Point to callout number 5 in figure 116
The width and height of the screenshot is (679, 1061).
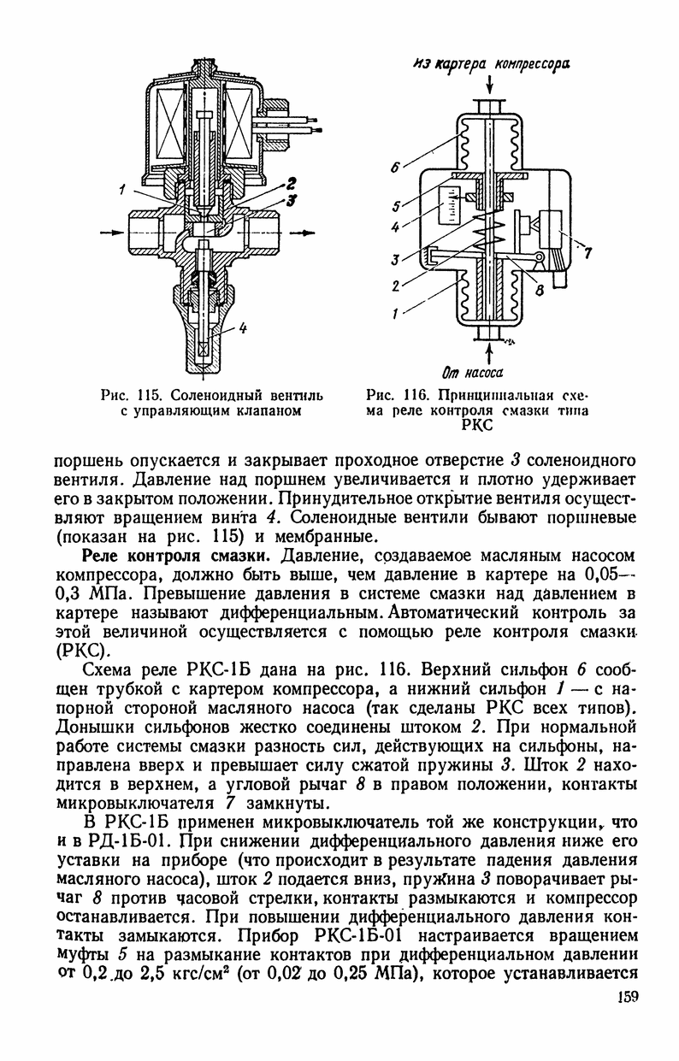click(397, 206)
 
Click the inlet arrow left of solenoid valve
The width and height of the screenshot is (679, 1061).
click(111, 232)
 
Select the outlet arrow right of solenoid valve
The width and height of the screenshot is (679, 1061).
click(302, 232)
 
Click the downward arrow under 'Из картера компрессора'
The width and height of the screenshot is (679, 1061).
click(488, 85)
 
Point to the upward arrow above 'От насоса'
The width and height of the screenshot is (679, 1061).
click(488, 349)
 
